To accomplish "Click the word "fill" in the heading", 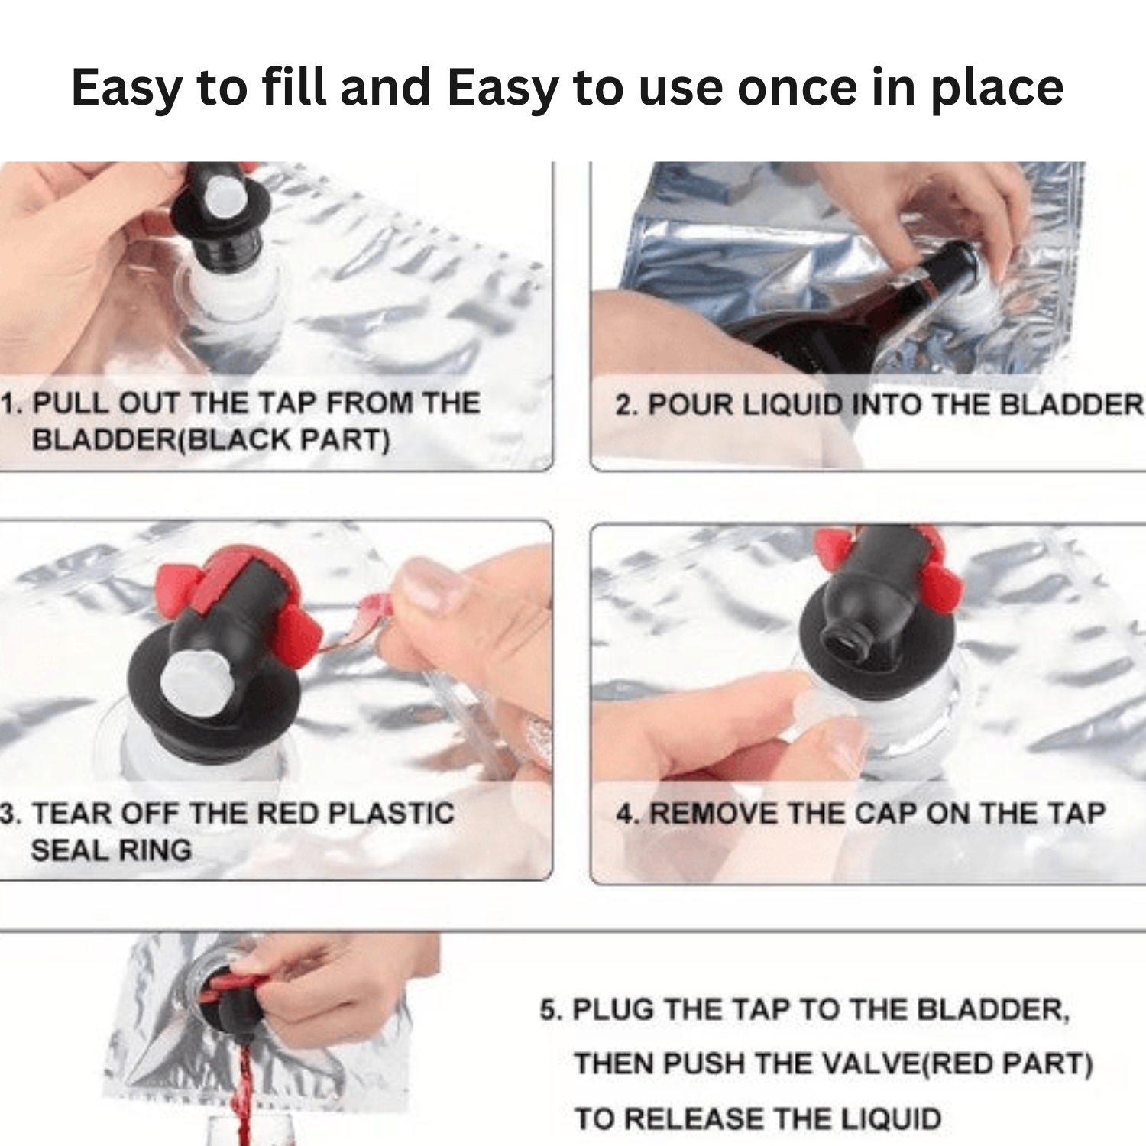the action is tap(293, 86).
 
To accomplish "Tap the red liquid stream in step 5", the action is tap(244, 1093).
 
